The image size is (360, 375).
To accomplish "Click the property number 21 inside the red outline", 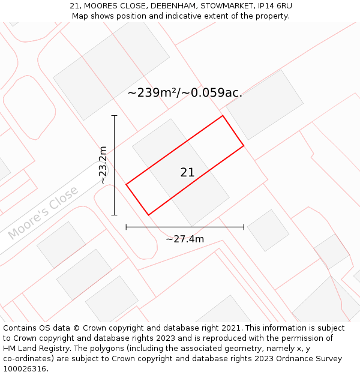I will point(187,172).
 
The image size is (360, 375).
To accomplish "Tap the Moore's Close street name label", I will point(43,213).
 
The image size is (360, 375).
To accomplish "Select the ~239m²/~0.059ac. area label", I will point(185,92).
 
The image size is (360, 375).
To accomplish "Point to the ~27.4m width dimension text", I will point(185,239).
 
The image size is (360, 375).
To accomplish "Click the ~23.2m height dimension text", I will point(103,165).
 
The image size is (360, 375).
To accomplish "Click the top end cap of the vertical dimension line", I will point(114,115).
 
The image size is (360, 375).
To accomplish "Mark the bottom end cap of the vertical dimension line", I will point(114,215).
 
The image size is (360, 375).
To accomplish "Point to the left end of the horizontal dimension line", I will point(126,227).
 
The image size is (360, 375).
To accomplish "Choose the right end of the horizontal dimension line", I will point(244,227).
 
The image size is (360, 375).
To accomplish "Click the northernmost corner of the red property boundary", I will point(223,116).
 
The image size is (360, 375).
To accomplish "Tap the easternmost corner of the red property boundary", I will point(244,145).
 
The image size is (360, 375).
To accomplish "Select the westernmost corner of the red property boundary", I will point(126,185).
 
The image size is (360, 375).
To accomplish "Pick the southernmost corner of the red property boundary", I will point(148,215).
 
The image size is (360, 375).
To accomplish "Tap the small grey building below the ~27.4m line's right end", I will point(268,230).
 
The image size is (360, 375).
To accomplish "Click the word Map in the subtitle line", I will point(80,16).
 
